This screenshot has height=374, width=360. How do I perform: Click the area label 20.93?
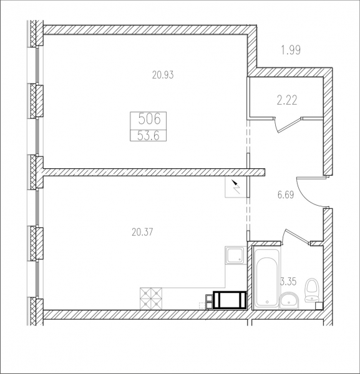(x=163, y=75)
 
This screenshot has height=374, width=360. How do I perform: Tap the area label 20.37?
(x=142, y=232)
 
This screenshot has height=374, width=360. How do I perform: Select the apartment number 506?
(x=150, y=119)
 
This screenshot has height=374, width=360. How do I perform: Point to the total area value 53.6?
(x=148, y=136)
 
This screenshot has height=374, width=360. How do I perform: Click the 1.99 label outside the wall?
(x=291, y=50)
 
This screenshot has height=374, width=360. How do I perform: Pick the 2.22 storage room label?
(x=287, y=100)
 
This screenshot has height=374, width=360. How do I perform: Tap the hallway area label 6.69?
(x=286, y=195)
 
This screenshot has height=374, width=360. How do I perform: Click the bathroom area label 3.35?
(x=288, y=282)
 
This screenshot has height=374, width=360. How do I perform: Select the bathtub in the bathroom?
(x=267, y=278)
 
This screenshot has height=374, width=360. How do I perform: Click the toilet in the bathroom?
(x=311, y=290)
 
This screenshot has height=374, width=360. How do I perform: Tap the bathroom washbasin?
(x=289, y=300)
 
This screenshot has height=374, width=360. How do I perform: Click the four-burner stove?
(x=151, y=299)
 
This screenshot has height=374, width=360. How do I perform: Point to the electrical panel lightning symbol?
(x=236, y=187)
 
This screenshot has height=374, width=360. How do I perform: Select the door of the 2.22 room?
(x=288, y=125)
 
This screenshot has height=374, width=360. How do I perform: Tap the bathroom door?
(x=295, y=236)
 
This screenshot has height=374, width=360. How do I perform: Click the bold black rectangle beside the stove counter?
(x=230, y=300)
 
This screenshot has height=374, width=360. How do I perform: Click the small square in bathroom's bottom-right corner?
(x=319, y=306)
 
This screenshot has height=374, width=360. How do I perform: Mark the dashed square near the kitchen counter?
(x=202, y=305)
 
